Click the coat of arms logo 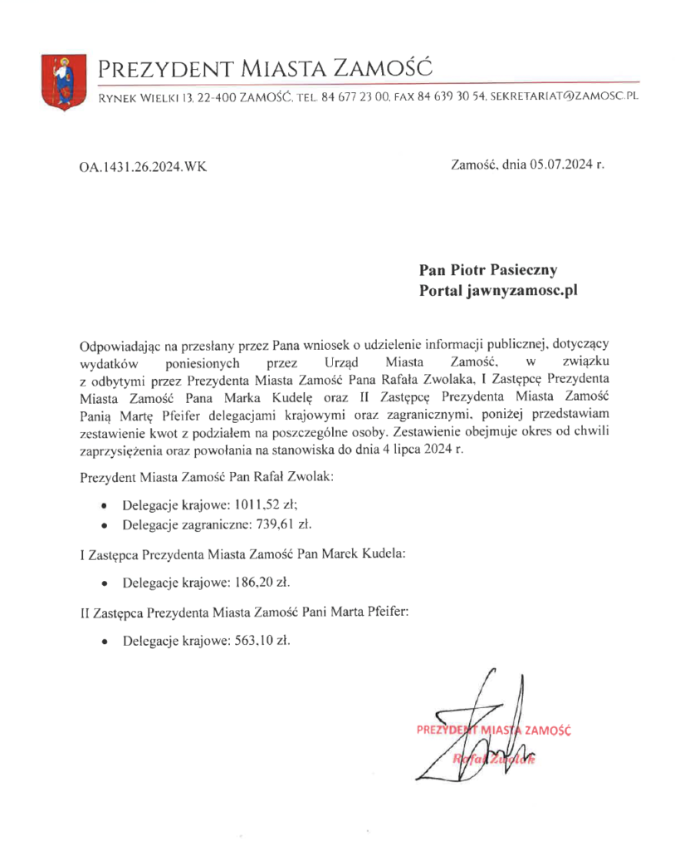[x=62, y=81]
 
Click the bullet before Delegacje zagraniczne [x=103, y=525]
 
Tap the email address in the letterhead [x=565, y=98]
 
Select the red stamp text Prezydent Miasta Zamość [x=495, y=730]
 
